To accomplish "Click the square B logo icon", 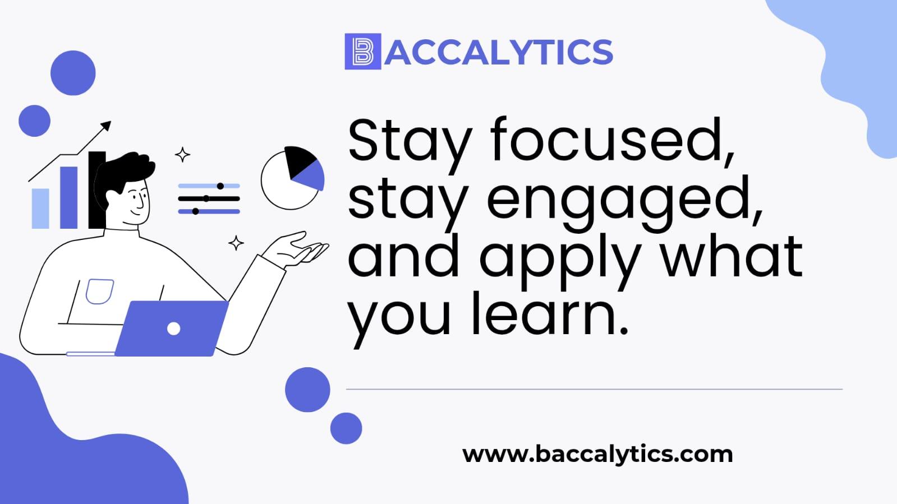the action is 363,51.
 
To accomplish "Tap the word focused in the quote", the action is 613,140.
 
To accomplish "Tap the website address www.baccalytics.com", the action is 597,455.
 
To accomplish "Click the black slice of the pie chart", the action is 300,160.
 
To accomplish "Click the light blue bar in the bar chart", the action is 40,209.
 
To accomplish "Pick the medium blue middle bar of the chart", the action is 69,197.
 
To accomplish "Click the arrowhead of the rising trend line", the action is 105,126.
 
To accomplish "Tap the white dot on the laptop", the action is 173,329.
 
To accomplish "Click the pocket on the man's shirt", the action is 99,292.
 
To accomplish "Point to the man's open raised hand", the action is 296,250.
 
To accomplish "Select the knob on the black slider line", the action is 206,198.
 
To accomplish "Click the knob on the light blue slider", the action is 220,186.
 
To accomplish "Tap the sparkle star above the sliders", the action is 183,155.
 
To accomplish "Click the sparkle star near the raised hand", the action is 236,243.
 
